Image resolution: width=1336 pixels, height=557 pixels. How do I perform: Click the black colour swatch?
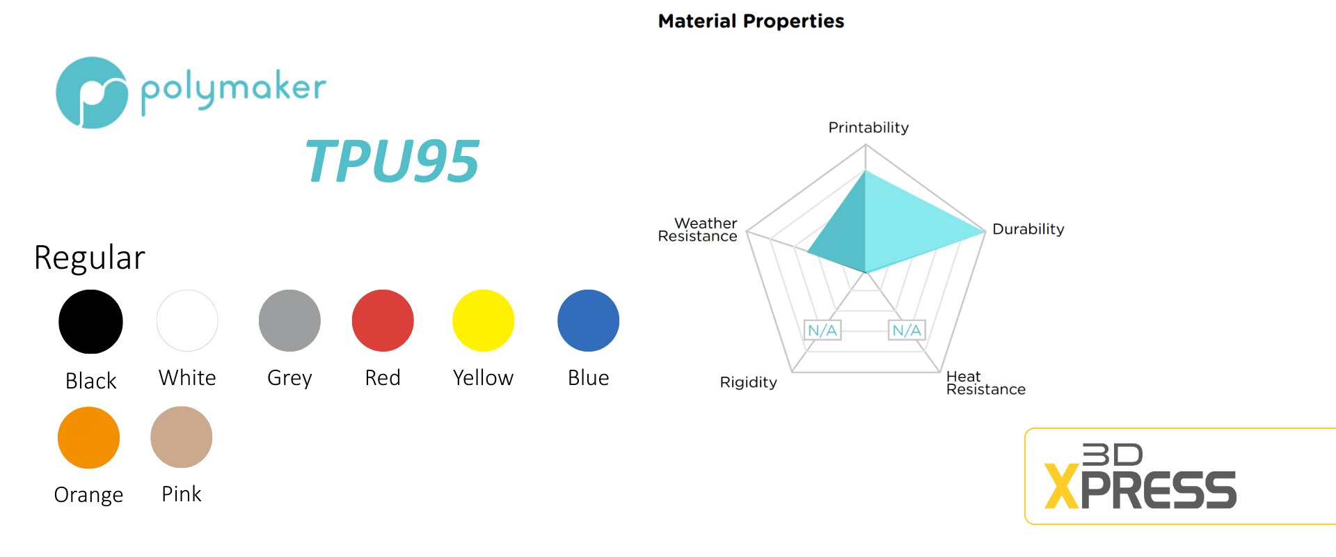pos(90,322)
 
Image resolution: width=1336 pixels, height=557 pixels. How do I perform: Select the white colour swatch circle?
pos(187,320)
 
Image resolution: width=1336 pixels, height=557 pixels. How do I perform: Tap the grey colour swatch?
pos(289,320)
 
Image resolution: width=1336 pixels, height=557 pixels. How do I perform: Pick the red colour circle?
pos(383,320)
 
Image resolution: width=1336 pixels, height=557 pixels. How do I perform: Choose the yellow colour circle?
pos(483,320)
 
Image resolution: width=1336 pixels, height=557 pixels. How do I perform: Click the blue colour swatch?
pos(588,320)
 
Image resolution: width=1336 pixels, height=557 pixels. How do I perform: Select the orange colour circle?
pos(88,437)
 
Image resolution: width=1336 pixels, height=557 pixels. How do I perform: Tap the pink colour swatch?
pos(181,437)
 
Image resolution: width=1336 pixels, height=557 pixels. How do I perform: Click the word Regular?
pos(90,258)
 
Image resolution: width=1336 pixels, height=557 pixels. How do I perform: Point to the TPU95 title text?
pos(392,161)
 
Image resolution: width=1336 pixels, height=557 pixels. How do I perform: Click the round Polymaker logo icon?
pos(92,93)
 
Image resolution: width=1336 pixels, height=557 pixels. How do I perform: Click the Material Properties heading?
pos(751,22)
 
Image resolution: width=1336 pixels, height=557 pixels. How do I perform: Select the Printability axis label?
pos(868,127)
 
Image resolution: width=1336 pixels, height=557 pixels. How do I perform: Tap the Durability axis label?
pos(1028,229)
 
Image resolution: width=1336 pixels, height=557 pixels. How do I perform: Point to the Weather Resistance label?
pos(697,230)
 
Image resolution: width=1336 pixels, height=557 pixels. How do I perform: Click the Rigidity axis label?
pos(748,382)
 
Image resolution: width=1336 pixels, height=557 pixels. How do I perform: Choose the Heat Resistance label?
pos(986,383)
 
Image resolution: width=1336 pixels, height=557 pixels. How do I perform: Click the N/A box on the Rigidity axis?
pos(822,330)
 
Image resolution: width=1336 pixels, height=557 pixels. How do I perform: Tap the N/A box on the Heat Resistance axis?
pos(907,330)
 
